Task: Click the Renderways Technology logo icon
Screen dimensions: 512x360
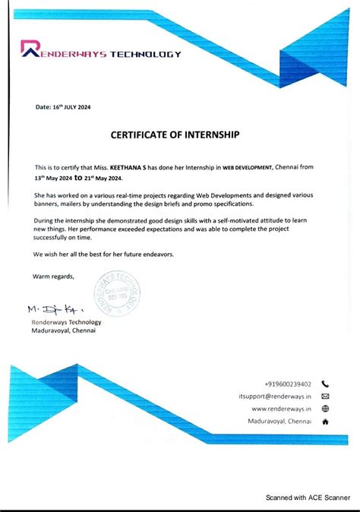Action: (x=33, y=50)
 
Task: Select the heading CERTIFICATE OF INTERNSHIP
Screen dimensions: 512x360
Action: (x=175, y=135)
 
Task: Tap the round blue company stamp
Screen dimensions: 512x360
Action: (x=117, y=297)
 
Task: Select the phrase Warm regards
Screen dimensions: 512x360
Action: (x=53, y=276)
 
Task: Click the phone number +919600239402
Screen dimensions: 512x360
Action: (x=288, y=384)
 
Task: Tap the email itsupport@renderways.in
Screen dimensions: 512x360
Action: (x=275, y=397)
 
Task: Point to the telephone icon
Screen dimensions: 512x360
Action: (x=325, y=384)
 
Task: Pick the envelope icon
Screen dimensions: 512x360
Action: (x=325, y=397)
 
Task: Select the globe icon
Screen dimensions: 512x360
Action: (x=325, y=409)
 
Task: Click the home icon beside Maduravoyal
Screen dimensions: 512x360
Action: (x=325, y=421)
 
